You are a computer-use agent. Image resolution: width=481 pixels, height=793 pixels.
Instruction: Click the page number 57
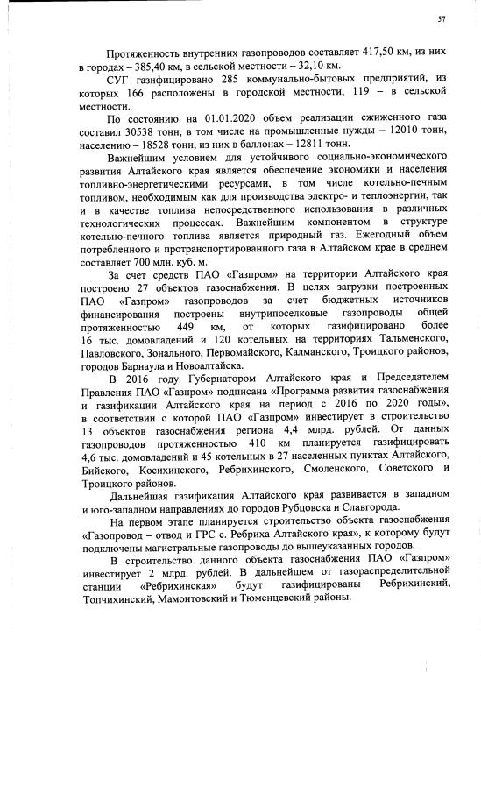click(442, 18)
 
